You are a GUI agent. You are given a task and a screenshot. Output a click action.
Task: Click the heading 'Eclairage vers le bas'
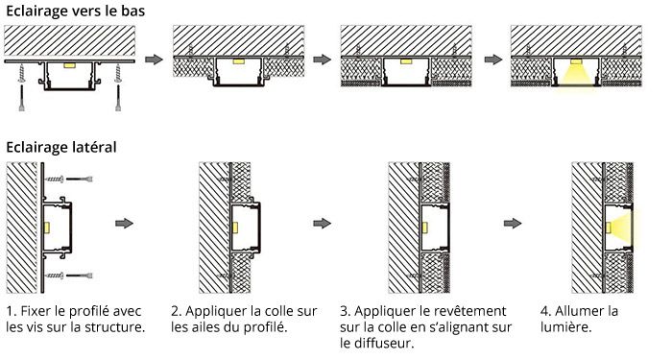pyautogui.click(x=71, y=10)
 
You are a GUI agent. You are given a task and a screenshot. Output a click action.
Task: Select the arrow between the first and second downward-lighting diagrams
pyautogui.click(x=153, y=60)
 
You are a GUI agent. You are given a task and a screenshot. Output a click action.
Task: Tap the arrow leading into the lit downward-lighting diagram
pyautogui.click(x=491, y=60)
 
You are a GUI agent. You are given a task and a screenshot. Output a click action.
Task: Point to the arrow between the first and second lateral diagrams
pyautogui.click(x=123, y=224)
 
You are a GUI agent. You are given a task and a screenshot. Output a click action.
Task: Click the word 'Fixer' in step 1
pyautogui.click(x=37, y=312)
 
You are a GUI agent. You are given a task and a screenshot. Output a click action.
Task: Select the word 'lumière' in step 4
pyautogui.click(x=566, y=327)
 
